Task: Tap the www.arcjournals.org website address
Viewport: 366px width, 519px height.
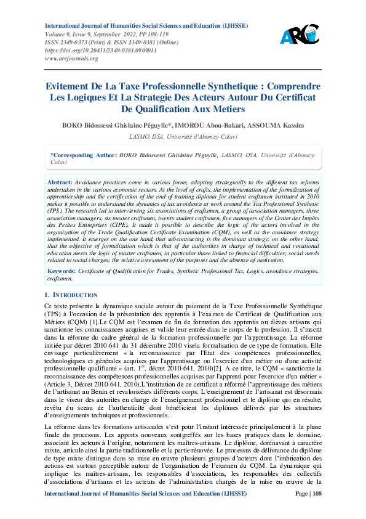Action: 72,59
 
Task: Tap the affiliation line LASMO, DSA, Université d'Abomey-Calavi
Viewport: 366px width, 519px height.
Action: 183,137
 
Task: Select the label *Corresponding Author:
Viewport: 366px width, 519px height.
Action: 84,156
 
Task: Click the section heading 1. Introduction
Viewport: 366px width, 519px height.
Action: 71,295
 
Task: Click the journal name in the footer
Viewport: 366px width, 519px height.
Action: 146,511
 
